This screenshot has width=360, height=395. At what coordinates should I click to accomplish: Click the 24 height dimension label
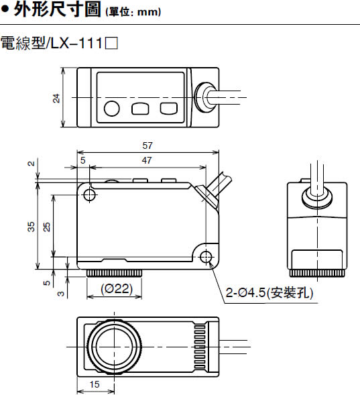tap(56, 98)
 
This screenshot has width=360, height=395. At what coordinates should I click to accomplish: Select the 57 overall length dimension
tap(147, 146)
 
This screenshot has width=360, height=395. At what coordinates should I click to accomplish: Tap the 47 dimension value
tap(147, 160)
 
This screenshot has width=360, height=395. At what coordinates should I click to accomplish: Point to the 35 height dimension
tap(31, 227)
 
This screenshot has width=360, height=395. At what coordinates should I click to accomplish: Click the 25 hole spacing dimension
tap(47, 227)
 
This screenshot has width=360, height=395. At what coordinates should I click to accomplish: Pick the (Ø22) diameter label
tap(117, 288)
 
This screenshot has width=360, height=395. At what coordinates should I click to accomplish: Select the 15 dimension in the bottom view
tap(95, 384)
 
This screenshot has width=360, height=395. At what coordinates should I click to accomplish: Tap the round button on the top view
tap(111, 109)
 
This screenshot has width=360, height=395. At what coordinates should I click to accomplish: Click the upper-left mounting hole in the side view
tap(89, 194)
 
